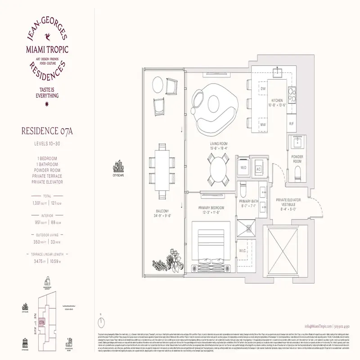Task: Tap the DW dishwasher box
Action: (x=263, y=89)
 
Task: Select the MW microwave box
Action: (x=263, y=124)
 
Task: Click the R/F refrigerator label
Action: (x=291, y=123)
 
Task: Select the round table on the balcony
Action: (x=158, y=84)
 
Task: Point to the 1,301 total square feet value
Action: (x=38, y=203)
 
